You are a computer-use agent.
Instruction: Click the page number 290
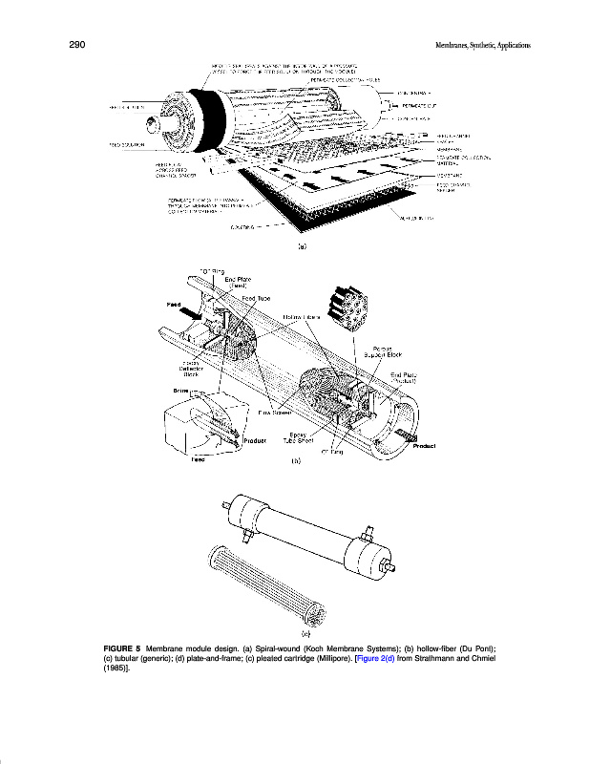78,45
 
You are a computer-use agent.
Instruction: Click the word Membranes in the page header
454,46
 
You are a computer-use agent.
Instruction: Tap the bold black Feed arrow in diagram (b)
191,312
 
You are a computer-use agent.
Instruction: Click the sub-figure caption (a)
301,245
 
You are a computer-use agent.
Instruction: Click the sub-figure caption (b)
296,461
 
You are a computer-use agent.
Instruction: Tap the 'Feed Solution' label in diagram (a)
125,145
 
